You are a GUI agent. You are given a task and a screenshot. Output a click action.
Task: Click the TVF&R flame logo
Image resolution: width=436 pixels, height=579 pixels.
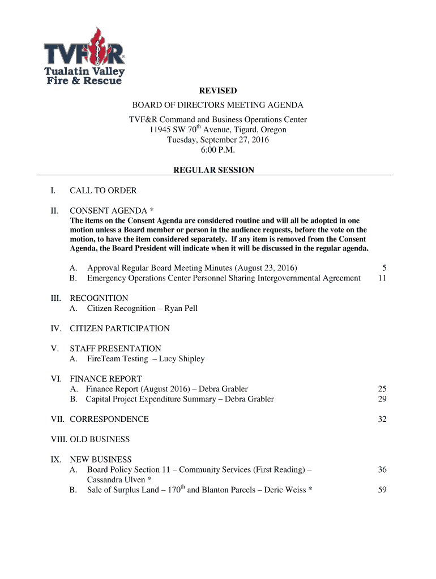click(x=84, y=56)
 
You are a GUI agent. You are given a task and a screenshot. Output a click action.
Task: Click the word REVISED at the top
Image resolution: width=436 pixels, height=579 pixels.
click(x=217, y=90)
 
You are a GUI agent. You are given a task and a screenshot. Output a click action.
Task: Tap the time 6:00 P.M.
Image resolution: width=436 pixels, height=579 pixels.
click(x=217, y=150)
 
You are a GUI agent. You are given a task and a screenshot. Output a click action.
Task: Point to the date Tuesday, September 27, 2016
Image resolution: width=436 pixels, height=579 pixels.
click(x=217, y=140)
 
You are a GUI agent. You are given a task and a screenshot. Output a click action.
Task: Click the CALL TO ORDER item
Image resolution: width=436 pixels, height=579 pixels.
click(x=103, y=191)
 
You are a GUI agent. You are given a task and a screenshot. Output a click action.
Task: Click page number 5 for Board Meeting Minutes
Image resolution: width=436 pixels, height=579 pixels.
click(x=384, y=267)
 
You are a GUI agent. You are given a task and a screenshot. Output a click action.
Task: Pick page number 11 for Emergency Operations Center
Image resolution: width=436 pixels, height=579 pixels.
click(x=382, y=278)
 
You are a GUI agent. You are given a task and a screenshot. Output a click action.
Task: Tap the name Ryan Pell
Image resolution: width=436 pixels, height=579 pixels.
click(x=181, y=308)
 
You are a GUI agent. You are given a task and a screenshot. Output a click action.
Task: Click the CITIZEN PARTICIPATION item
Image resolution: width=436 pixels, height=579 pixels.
click(x=119, y=328)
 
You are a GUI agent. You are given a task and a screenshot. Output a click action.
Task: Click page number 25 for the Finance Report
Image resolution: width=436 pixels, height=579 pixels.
click(x=382, y=389)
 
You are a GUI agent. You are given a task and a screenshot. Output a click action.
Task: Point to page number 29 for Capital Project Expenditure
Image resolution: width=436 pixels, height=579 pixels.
click(x=382, y=399)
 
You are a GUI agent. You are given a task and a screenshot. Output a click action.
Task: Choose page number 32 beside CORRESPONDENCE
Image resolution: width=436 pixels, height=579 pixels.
click(x=382, y=419)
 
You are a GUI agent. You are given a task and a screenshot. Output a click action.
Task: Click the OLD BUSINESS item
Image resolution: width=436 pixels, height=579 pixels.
click(x=100, y=439)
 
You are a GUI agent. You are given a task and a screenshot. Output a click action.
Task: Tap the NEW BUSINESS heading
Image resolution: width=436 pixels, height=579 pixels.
click(x=101, y=460)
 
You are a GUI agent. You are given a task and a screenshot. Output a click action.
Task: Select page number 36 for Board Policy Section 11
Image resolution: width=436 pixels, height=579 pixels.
click(x=382, y=470)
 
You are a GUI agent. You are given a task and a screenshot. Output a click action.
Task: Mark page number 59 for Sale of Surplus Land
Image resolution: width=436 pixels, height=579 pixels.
click(x=382, y=490)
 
